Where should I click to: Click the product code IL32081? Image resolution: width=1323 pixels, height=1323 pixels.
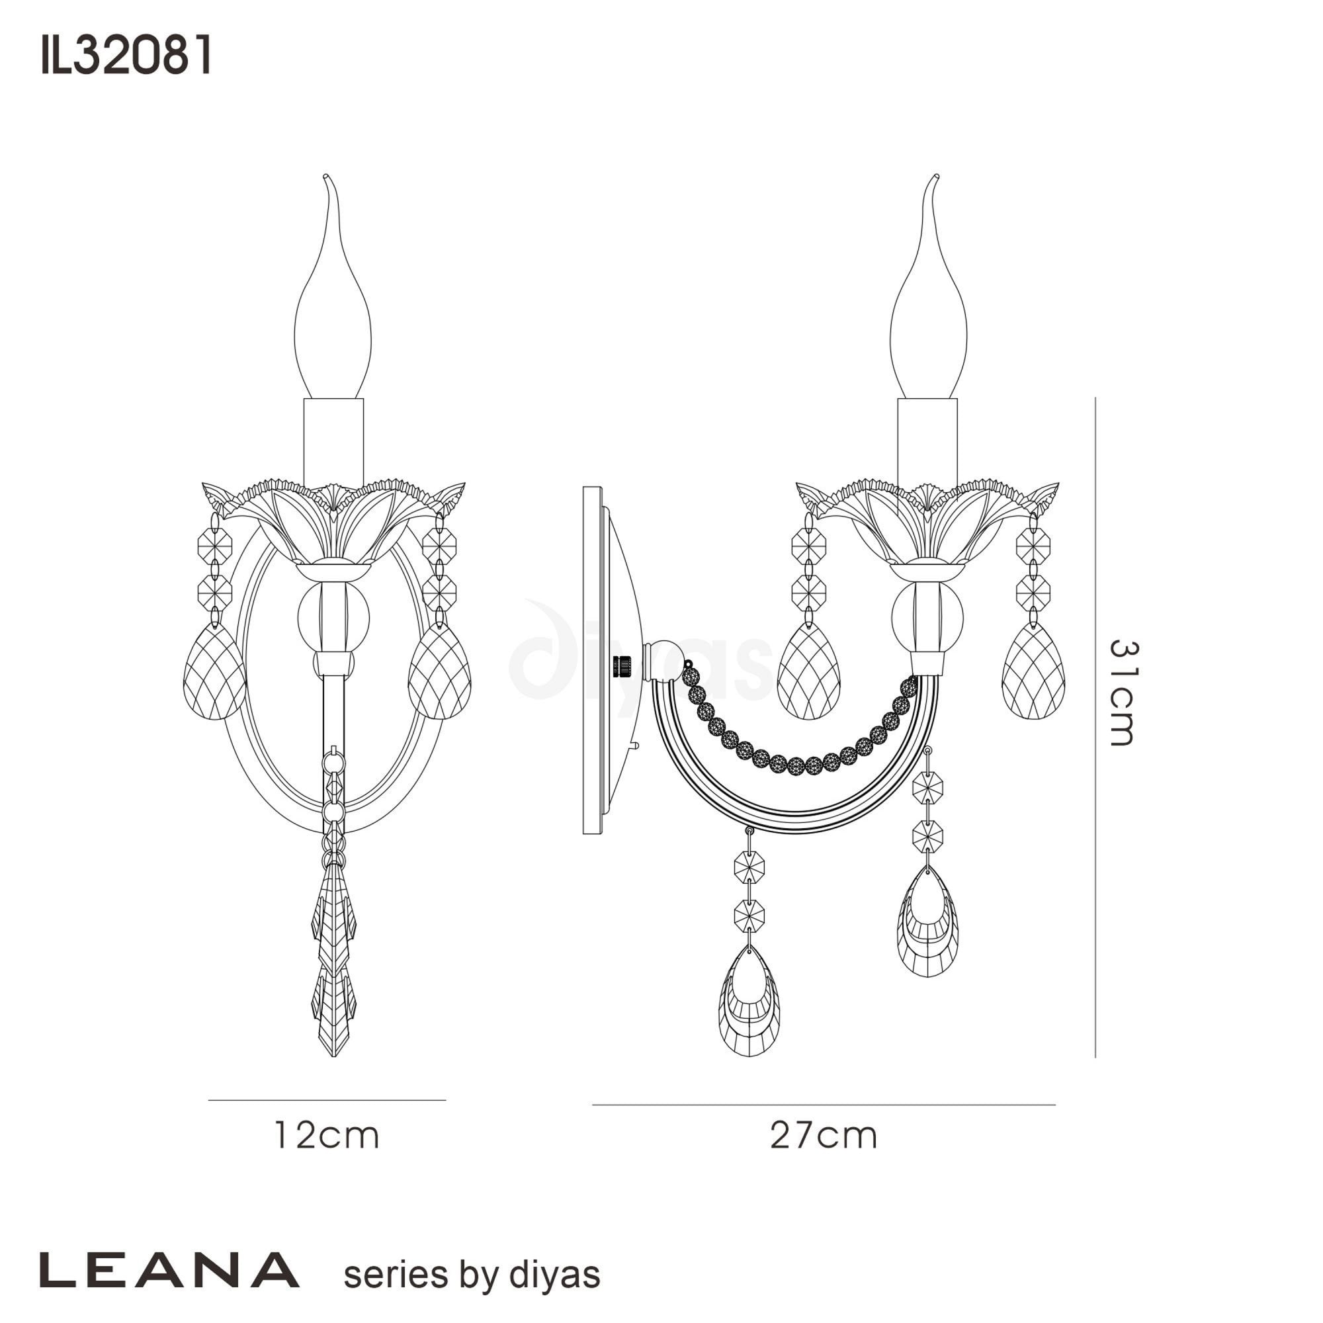coord(127,56)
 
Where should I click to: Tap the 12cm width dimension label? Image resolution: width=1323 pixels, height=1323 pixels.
coord(327,1135)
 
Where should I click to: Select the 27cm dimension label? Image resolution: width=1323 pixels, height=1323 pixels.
coord(824,1135)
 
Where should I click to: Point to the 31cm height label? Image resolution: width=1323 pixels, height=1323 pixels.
coord(1123,693)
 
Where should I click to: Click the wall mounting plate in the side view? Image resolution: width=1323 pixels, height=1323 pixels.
coord(593,660)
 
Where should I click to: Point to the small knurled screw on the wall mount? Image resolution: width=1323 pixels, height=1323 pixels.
coord(622,665)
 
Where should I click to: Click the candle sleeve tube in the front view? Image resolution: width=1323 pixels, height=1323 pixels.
coord(333,442)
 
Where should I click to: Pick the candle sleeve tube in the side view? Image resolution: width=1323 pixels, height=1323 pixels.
coord(927,442)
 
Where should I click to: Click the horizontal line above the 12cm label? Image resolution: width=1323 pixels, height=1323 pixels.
coord(327,1100)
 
